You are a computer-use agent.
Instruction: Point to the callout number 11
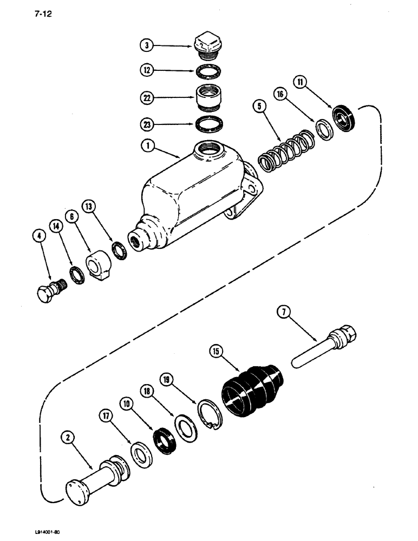(301, 82)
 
